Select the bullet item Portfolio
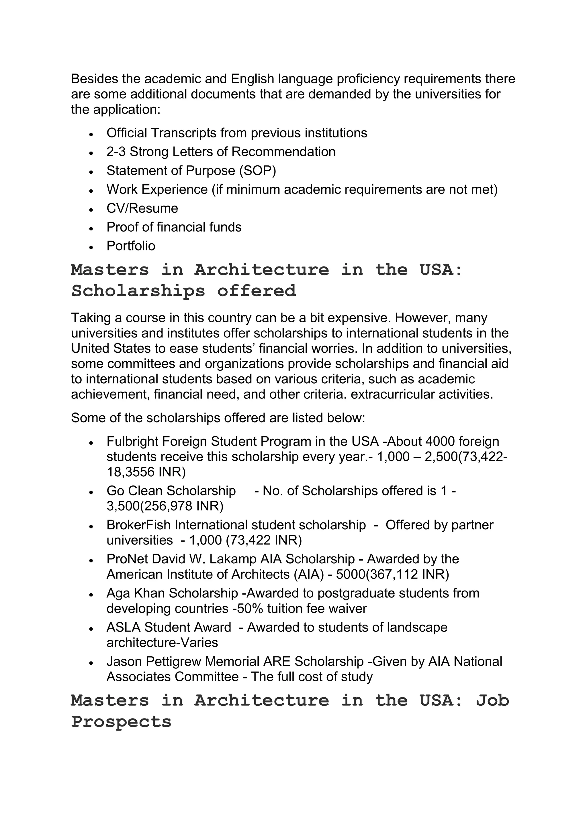pos(131,246)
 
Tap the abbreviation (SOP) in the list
pos(257,170)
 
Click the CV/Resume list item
pos(142,208)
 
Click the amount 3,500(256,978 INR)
pos(165,506)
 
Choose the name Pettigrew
pos(173,662)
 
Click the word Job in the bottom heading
pos(492,700)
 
